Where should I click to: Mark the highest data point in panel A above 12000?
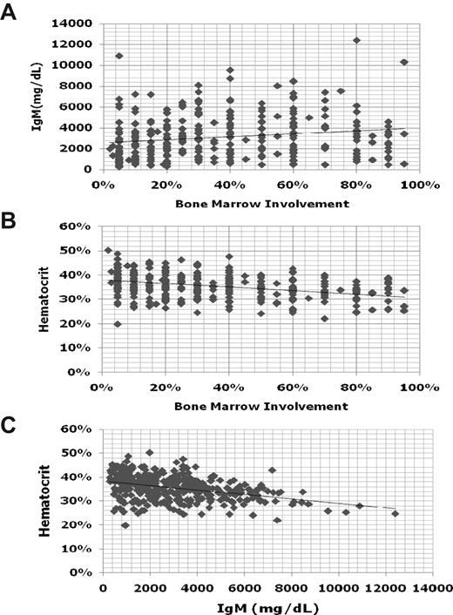pos(356,40)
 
